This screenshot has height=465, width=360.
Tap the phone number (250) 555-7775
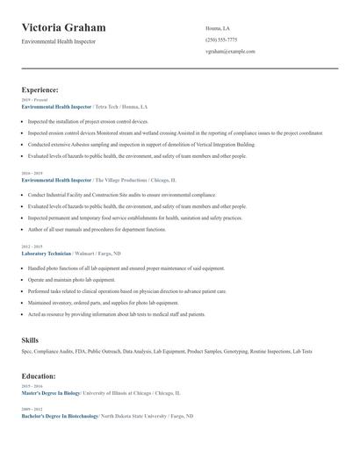point(221,39)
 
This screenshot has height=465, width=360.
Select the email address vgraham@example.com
point(230,52)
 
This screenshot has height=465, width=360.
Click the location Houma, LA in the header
point(219,27)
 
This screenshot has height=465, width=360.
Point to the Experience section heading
point(40,89)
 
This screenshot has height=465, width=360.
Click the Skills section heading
point(31,339)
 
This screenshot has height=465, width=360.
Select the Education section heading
point(40,376)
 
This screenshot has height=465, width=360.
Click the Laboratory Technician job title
point(47,253)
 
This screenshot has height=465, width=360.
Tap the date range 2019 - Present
point(35,100)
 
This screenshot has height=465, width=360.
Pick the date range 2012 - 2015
point(32,247)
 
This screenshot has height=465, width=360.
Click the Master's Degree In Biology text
point(52,393)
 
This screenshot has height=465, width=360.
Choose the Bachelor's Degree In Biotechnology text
point(60,416)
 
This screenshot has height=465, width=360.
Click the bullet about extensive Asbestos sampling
point(140,144)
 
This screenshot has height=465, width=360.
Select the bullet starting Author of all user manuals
point(97,229)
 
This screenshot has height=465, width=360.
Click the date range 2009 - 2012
point(32,410)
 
